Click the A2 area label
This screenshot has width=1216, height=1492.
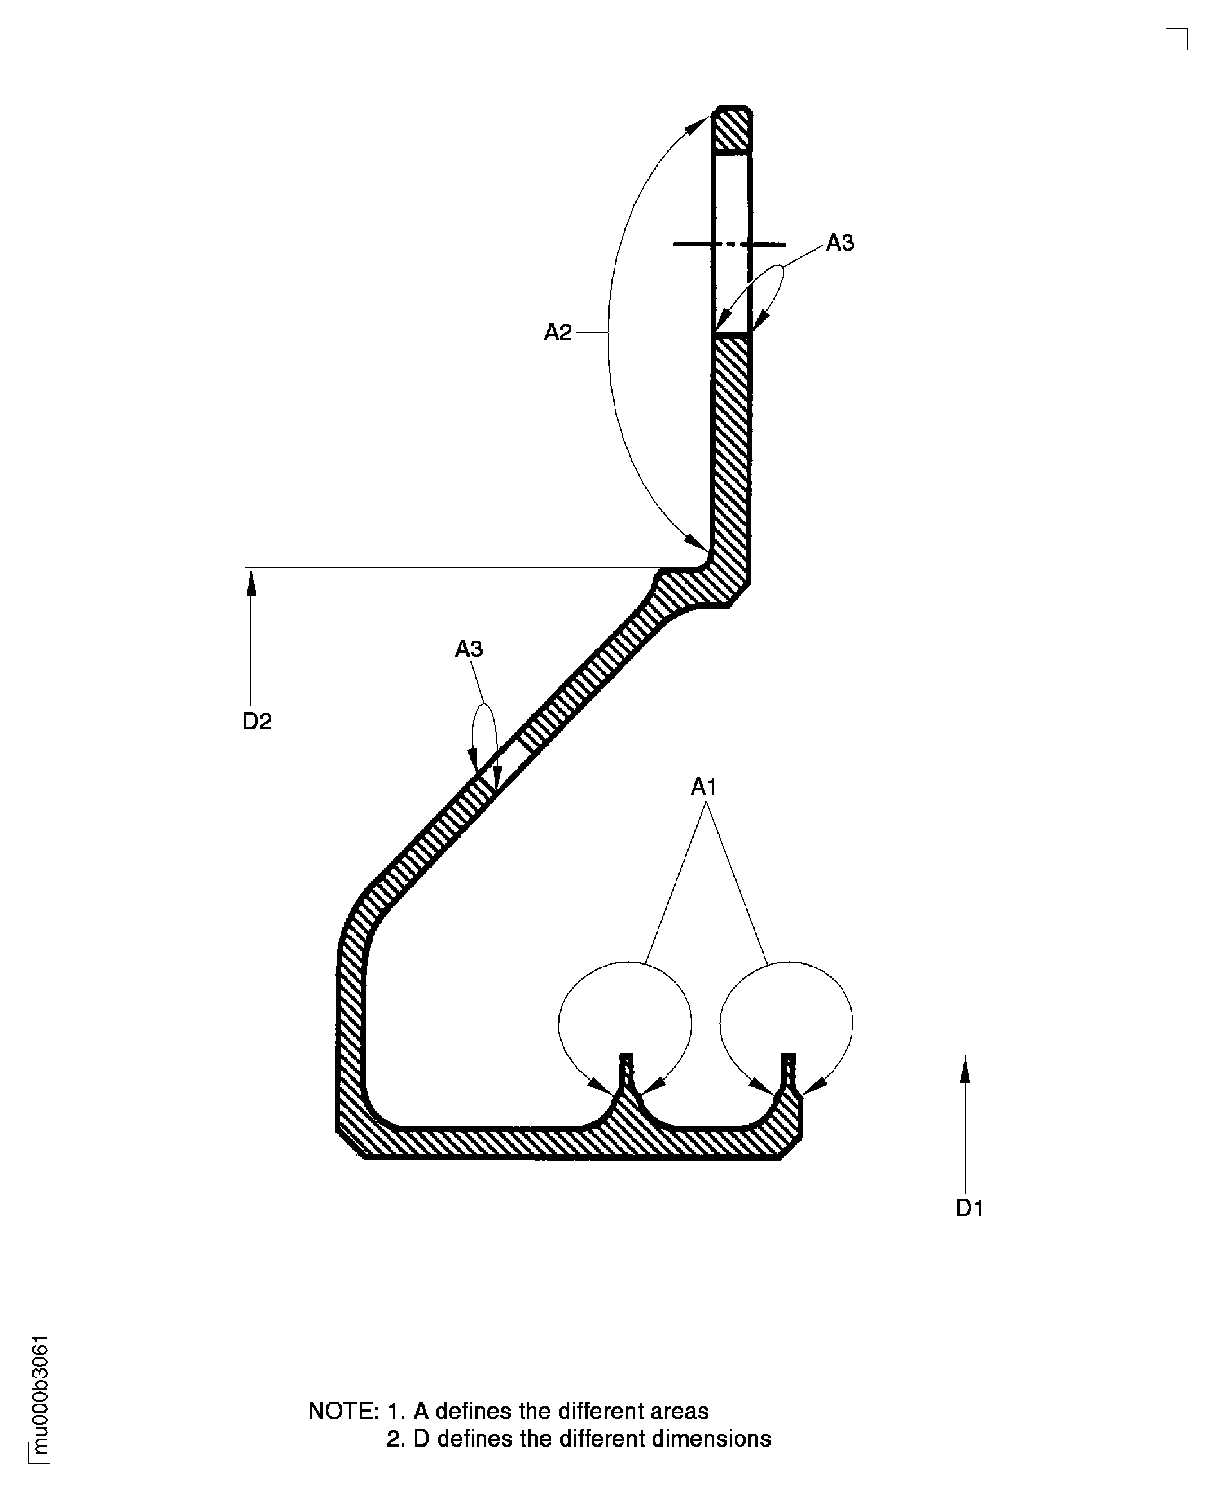pyautogui.click(x=557, y=332)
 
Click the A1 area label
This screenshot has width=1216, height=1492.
pyautogui.click(x=704, y=787)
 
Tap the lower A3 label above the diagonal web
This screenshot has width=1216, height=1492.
pyautogui.click(x=469, y=649)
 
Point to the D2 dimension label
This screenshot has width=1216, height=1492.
pyautogui.click(x=256, y=721)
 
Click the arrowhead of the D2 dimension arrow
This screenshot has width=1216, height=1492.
pyautogui.click(x=251, y=582)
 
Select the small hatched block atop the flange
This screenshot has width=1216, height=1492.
pyautogui.click(x=732, y=130)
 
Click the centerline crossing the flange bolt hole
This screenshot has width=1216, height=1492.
pyautogui.click(x=729, y=245)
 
